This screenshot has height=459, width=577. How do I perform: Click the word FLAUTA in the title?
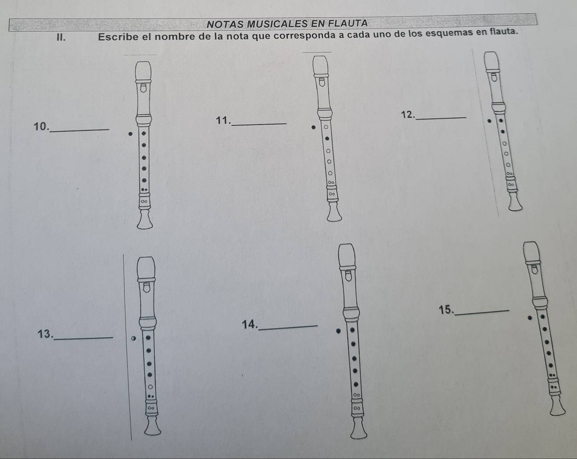(348, 23)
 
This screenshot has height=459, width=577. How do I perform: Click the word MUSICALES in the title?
(277, 24)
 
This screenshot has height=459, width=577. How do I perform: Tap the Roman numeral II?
(61, 37)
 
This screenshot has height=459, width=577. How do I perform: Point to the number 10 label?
(41, 127)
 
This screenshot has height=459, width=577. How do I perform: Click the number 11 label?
(223, 121)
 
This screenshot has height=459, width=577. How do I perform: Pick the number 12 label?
(408, 115)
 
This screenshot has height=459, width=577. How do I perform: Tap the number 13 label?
(45, 334)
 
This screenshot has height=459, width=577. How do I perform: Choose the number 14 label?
(250, 324)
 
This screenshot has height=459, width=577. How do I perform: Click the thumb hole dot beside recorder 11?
(313, 128)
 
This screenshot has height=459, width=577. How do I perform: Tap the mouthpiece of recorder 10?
(143, 71)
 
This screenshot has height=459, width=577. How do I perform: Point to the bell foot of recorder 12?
(515, 202)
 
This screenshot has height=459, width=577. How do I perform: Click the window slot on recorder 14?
(348, 276)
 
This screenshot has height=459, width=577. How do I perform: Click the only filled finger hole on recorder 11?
(327, 139)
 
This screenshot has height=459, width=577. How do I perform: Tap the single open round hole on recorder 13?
(150, 387)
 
